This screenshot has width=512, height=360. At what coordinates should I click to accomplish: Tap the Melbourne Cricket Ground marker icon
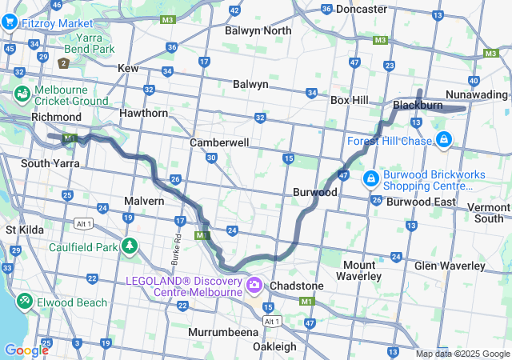(x=22, y=94)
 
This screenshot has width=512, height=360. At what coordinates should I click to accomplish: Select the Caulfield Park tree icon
(x=128, y=246)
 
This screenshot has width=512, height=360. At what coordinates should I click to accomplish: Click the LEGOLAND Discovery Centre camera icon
(x=254, y=284)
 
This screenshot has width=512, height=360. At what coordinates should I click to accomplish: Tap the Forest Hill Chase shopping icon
(x=444, y=142)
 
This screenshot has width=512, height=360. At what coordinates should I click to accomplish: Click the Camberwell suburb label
(x=219, y=142)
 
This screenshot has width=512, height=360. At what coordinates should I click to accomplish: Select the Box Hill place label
(x=349, y=100)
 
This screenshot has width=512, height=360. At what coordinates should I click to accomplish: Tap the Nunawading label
(x=476, y=94)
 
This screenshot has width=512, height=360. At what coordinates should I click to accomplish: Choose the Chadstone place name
(x=297, y=286)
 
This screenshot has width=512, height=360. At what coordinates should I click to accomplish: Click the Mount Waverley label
(x=359, y=270)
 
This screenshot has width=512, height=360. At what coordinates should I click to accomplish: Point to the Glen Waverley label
(x=450, y=266)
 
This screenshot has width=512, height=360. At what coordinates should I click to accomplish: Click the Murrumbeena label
(x=221, y=331)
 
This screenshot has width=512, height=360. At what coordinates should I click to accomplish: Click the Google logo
(x=26, y=350)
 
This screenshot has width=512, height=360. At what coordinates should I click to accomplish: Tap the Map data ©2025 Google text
(x=462, y=354)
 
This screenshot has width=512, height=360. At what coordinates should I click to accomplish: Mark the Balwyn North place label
(x=258, y=30)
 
